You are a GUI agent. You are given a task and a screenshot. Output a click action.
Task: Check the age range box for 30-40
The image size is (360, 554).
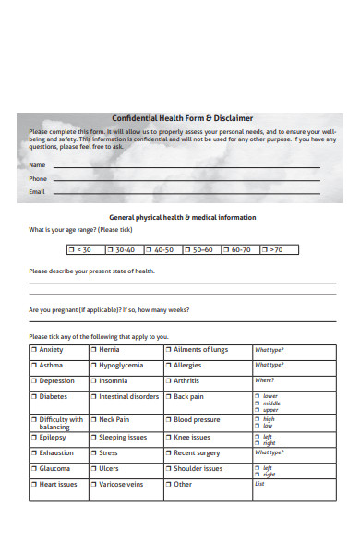(x=124, y=249)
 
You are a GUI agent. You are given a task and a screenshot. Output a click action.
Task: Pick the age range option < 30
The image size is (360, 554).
(x=85, y=249)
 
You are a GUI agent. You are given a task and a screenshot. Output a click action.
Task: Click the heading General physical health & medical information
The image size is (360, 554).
(x=183, y=217)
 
